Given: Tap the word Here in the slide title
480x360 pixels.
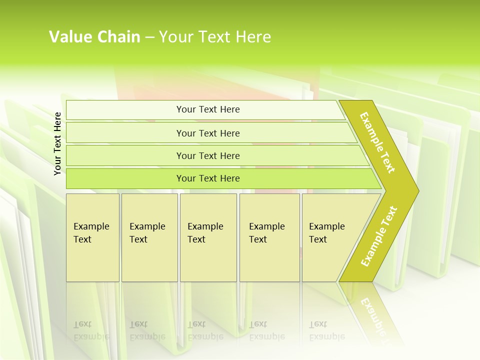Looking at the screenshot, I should [x=253, y=37].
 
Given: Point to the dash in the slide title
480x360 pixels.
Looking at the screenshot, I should [x=149, y=37].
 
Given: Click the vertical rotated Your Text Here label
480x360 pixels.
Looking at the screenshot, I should [x=57, y=143].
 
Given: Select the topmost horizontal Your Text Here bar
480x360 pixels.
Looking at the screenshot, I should [x=208, y=109].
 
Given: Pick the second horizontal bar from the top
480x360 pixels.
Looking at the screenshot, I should [x=208, y=133].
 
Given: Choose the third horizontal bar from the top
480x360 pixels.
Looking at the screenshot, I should [x=208, y=155].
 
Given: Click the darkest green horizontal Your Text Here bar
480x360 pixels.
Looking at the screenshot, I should [x=208, y=178].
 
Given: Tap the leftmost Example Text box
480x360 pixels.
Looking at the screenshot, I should [x=92, y=237].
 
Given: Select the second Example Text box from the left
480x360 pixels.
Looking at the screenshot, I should [x=149, y=237].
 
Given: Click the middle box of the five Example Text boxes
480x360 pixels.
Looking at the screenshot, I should [x=208, y=237].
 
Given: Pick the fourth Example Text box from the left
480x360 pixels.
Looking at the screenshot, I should [x=269, y=237].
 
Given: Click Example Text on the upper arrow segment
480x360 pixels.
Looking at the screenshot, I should [x=377, y=142].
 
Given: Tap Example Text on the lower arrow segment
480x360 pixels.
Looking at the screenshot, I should [x=379, y=236].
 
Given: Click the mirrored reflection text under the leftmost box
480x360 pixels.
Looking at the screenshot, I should [x=91, y=330].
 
